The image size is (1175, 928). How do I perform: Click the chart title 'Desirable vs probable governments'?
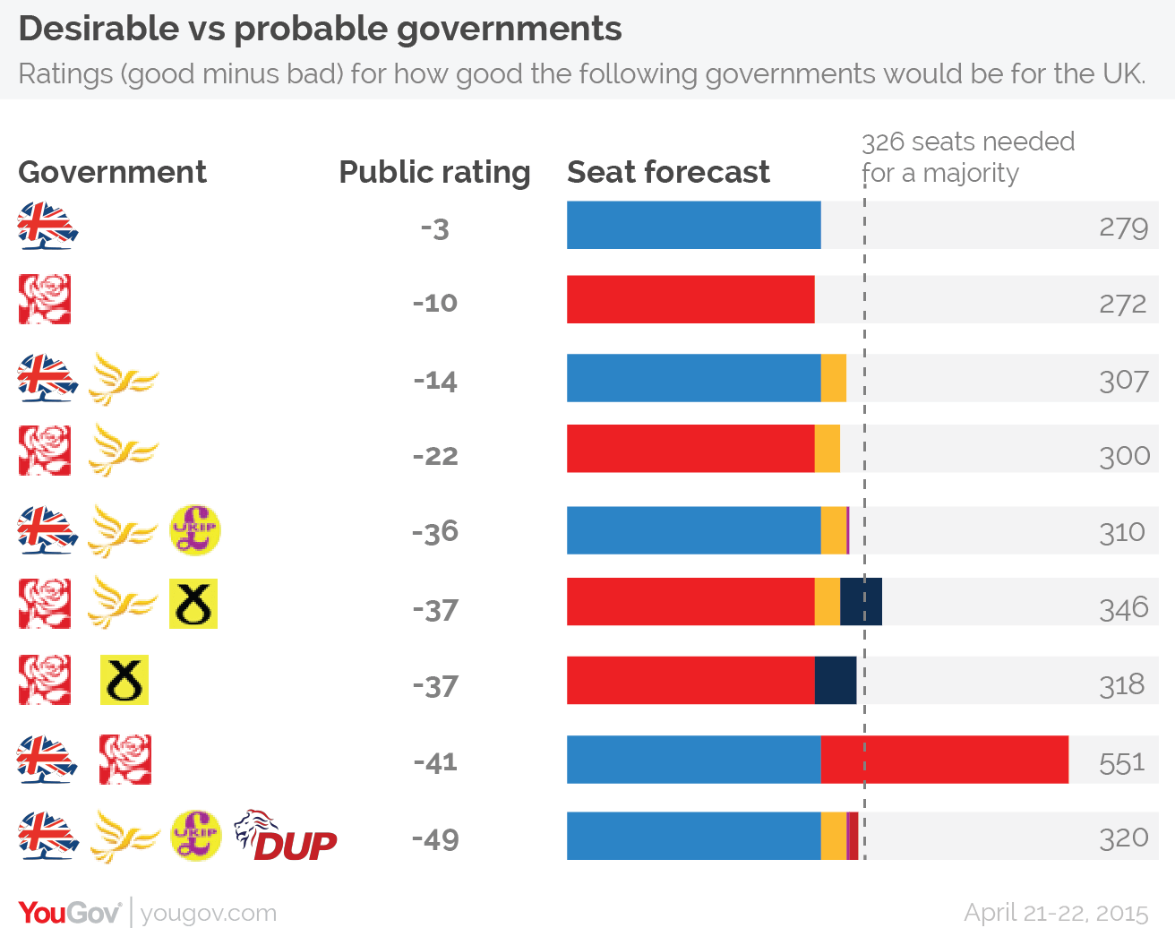coord(320,29)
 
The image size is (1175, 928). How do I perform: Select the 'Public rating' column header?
coord(434,172)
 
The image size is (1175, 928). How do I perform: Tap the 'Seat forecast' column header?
coord(668,172)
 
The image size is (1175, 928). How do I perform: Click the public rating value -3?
coord(434,229)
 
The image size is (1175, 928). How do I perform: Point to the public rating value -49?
coord(435,839)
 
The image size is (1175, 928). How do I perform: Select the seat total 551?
coord(1122,762)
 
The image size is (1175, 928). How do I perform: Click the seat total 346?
coord(1124,608)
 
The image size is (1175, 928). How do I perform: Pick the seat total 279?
coord(1123,228)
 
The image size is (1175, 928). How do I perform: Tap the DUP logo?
coord(286,837)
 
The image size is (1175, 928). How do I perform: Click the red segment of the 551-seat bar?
coord(944,760)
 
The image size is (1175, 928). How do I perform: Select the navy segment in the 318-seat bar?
coord(835,680)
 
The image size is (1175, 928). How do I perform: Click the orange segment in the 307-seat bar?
coord(833,378)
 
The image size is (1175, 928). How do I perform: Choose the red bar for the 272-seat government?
coord(690,299)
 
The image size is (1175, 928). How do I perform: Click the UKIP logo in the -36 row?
coord(195,530)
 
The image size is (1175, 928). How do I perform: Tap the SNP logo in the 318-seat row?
coord(124,680)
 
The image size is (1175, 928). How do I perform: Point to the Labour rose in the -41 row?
coord(124,760)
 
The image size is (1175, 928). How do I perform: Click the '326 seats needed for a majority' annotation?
coord(967,157)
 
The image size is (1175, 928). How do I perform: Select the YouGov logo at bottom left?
coord(70,912)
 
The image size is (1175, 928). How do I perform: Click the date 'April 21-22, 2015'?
coord(1056,912)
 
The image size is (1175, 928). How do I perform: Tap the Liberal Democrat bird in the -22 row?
coord(123,451)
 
